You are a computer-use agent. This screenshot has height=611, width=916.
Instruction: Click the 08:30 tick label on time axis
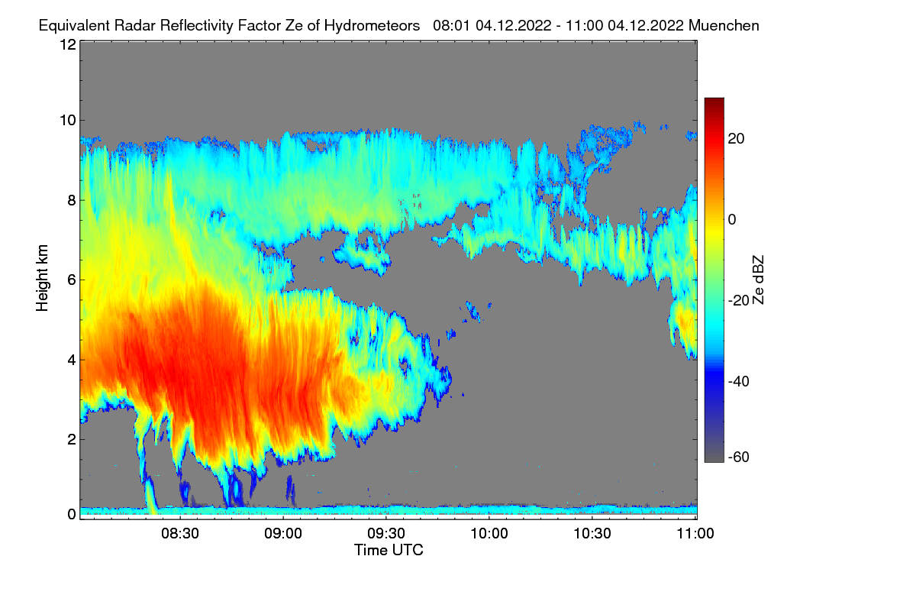click(180, 534)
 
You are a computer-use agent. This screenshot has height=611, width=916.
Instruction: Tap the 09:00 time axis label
click(283, 534)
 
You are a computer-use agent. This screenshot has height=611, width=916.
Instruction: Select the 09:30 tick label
click(386, 534)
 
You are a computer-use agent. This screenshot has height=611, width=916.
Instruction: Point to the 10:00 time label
click(489, 534)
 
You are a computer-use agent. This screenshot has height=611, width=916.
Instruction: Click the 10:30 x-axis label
click(592, 534)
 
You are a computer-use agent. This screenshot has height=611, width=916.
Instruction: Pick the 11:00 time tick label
click(695, 534)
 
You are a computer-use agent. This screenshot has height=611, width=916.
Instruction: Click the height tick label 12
click(68, 44)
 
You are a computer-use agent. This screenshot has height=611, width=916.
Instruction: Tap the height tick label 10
click(68, 121)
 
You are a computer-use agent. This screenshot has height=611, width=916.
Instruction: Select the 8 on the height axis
click(73, 200)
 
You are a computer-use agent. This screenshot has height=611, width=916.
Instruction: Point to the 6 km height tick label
click(73, 280)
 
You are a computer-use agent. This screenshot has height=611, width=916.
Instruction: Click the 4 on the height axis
click(73, 360)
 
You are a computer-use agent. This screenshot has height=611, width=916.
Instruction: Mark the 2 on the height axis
click(73, 439)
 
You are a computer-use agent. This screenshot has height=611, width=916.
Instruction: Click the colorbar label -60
click(739, 457)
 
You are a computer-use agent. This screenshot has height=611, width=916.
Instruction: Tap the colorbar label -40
click(739, 381)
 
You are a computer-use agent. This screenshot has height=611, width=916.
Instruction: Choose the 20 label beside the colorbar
click(736, 139)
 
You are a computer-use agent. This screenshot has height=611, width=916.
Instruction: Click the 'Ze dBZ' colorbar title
click(758, 280)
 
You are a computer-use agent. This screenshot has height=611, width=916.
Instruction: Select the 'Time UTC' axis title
click(389, 550)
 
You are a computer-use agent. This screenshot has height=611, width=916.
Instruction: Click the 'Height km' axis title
click(42, 278)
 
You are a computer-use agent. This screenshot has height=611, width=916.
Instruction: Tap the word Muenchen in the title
click(724, 25)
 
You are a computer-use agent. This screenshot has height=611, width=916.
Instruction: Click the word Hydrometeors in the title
click(373, 26)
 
